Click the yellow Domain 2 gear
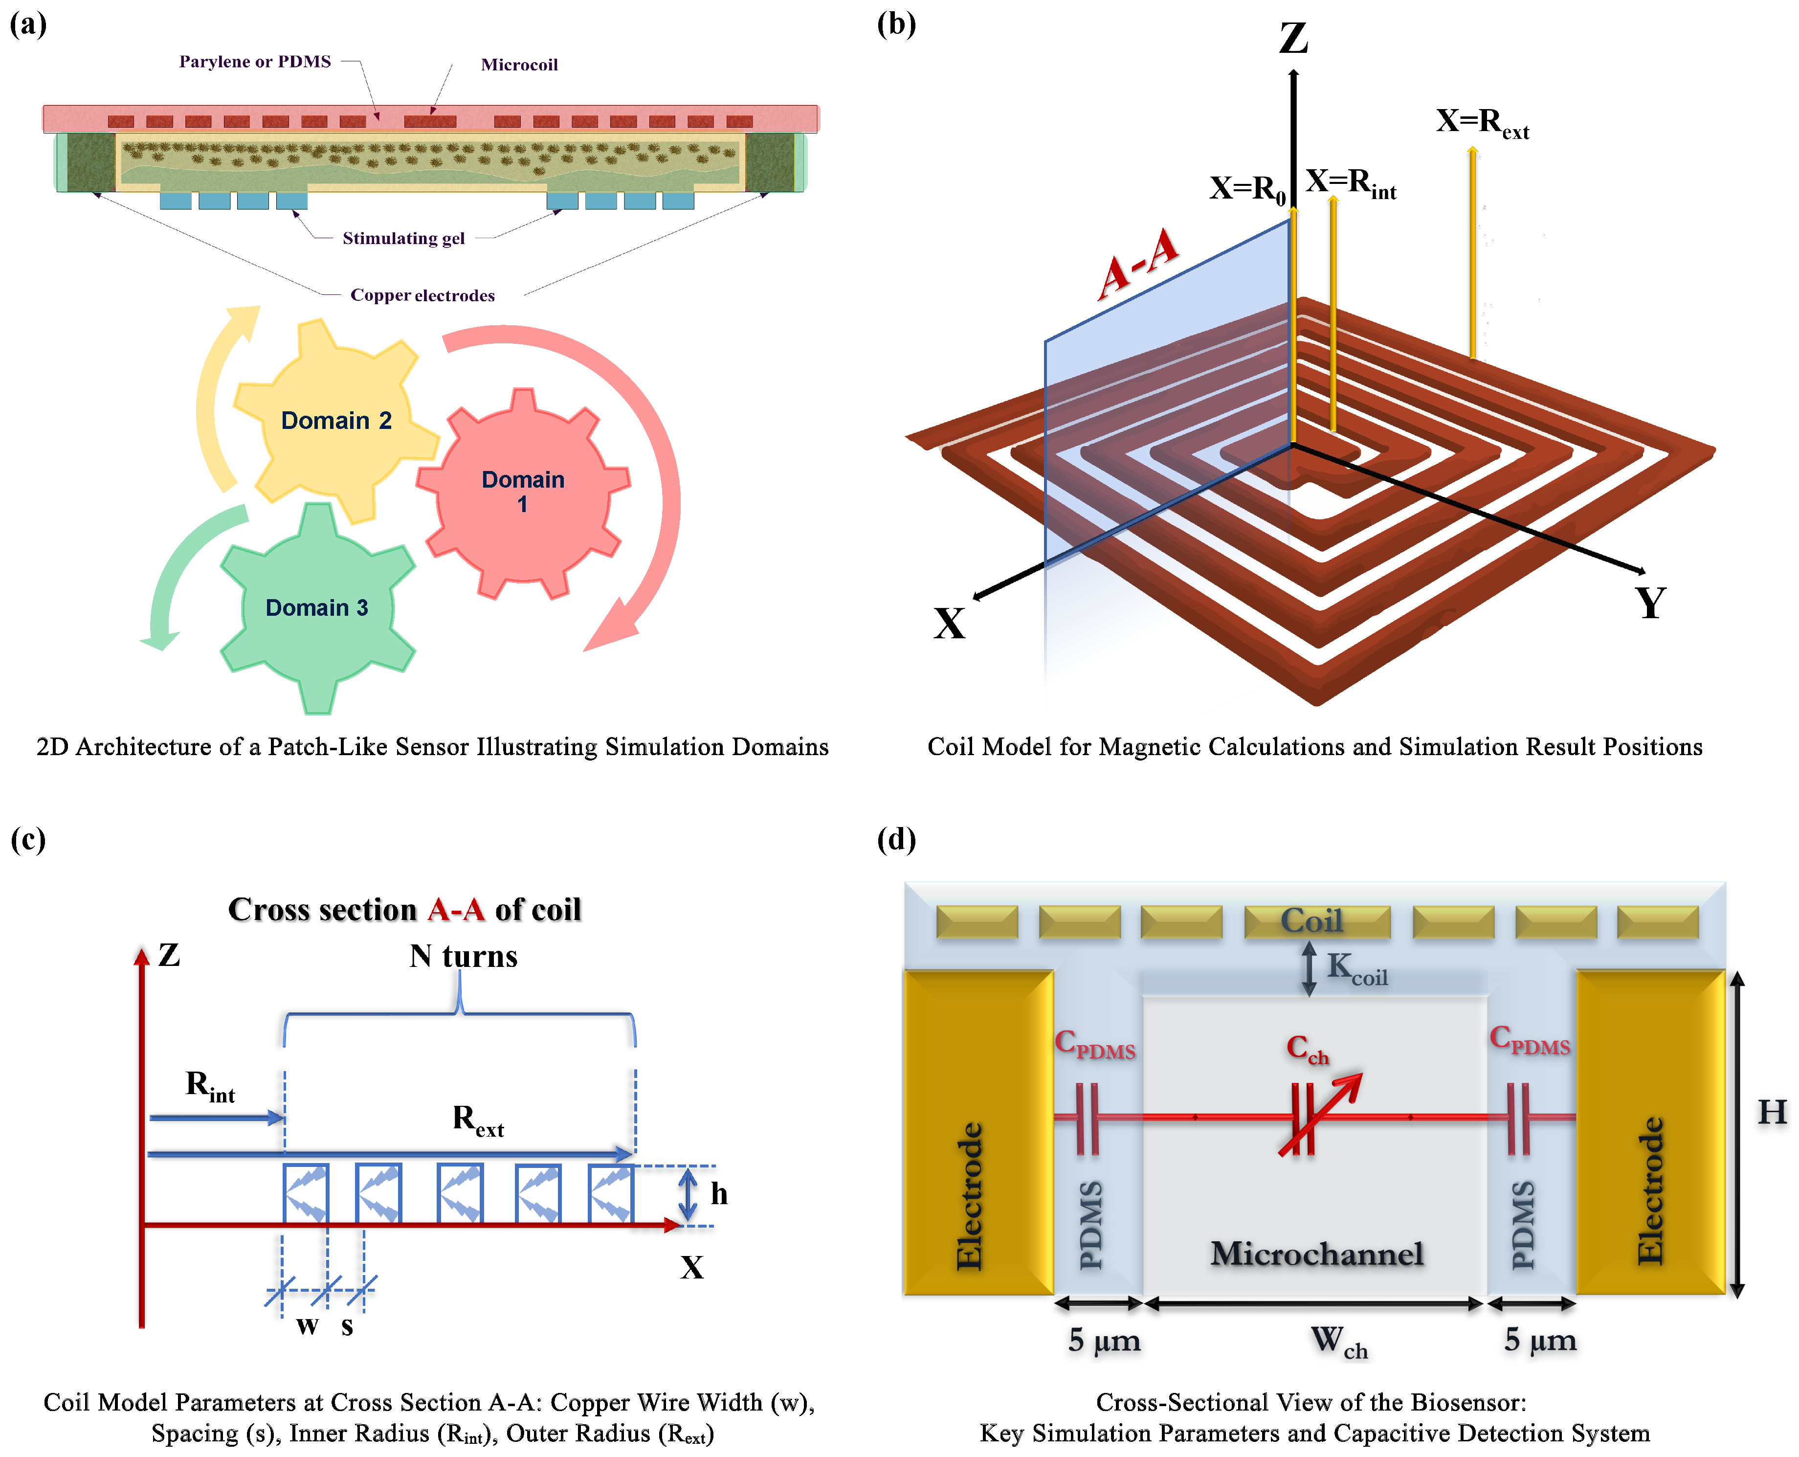(x=335, y=420)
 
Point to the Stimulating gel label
(x=403, y=238)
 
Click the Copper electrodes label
(x=422, y=295)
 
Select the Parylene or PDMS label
(x=255, y=61)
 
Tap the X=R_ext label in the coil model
(x=1482, y=123)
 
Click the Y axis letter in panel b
(x=1650, y=603)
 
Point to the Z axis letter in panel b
(x=1293, y=39)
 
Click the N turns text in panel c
(x=463, y=956)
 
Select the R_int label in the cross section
(x=210, y=1086)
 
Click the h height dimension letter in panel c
(x=719, y=1193)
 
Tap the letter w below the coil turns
(x=307, y=1325)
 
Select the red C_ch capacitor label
(x=1307, y=1048)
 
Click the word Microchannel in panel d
(x=1316, y=1253)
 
